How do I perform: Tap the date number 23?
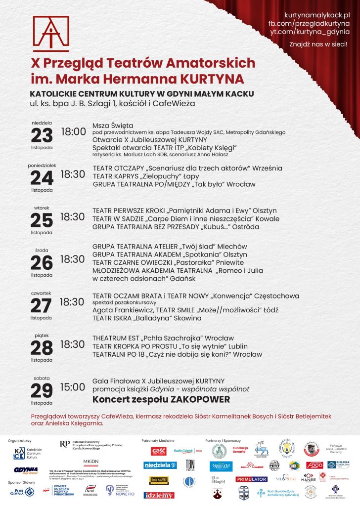coord(42,135)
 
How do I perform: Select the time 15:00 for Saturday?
coord(72,387)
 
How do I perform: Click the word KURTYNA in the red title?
coord(212,79)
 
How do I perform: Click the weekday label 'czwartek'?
coord(42,293)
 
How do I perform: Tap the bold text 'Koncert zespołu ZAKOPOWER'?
coord(161,399)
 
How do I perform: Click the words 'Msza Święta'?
coord(113,126)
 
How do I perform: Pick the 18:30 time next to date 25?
coord(72,216)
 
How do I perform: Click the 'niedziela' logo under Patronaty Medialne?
coord(160,465)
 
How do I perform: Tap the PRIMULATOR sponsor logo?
coord(251,479)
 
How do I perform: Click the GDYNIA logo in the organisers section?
coord(26,470)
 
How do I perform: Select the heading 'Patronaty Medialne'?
coord(158,440)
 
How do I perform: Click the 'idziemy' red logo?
coord(159,495)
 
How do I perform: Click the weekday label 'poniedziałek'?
coord(42,166)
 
